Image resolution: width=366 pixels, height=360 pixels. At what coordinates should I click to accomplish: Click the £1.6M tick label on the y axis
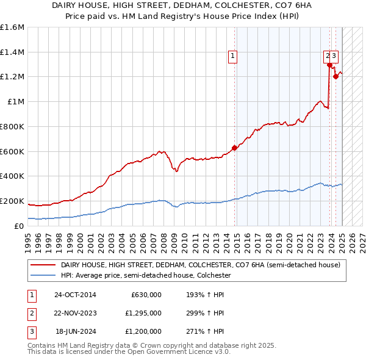pos(12,27)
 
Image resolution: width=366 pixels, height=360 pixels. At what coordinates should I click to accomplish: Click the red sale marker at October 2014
pos(234,148)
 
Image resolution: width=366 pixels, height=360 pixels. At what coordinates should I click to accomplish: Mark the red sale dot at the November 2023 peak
pos(329,65)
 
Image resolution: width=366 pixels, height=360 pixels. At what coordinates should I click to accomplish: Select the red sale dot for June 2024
pos(335,77)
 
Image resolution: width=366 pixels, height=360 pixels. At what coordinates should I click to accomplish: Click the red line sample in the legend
pos(43,265)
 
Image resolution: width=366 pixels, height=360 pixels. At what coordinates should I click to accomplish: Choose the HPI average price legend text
pos(146,276)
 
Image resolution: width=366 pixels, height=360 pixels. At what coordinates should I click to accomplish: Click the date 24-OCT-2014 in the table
pos(75,295)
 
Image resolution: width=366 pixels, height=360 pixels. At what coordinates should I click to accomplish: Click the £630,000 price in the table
pos(146,295)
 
